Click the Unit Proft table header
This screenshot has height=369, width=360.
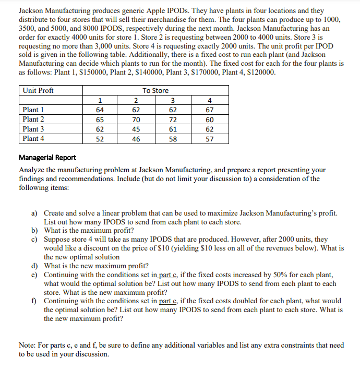coord(38,90)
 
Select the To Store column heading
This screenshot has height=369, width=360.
coord(155,90)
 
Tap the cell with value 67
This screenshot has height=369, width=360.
coord(210,110)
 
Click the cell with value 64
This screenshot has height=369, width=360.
coord(100,110)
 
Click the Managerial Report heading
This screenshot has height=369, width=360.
coord(47,158)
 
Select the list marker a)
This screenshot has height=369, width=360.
coord(35,213)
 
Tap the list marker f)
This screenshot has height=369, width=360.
coord(35,301)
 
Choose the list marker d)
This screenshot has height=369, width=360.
coord(35,265)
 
